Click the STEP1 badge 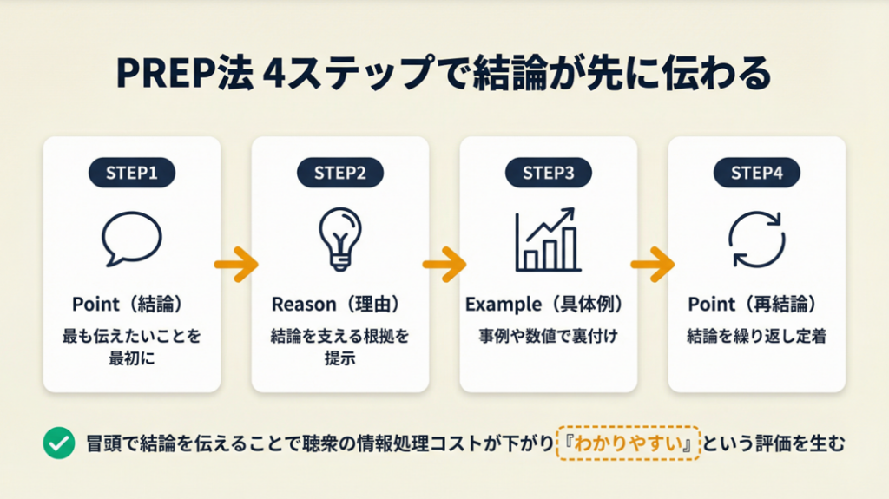point(132,173)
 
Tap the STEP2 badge point(340,173)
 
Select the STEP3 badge point(549,173)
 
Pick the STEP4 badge point(757,173)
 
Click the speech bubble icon point(132,239)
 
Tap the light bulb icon point(339,239)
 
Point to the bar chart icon point(547,240)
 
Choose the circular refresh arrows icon point(756,239)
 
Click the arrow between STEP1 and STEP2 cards point(236,264)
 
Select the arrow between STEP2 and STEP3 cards point(444,264)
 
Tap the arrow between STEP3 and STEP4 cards point(653,264)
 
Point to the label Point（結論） point(131,305)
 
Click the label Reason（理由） point(339,305)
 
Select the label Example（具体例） point(548,305)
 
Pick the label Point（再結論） point(756,305)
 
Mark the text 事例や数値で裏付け point(548,336)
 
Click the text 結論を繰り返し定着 point(756,336)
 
